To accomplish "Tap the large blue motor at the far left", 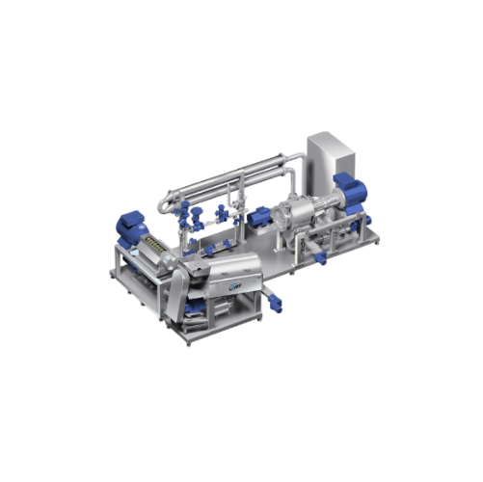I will [x=129, y=228].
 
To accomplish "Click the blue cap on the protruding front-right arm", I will [x=322, y=258].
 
